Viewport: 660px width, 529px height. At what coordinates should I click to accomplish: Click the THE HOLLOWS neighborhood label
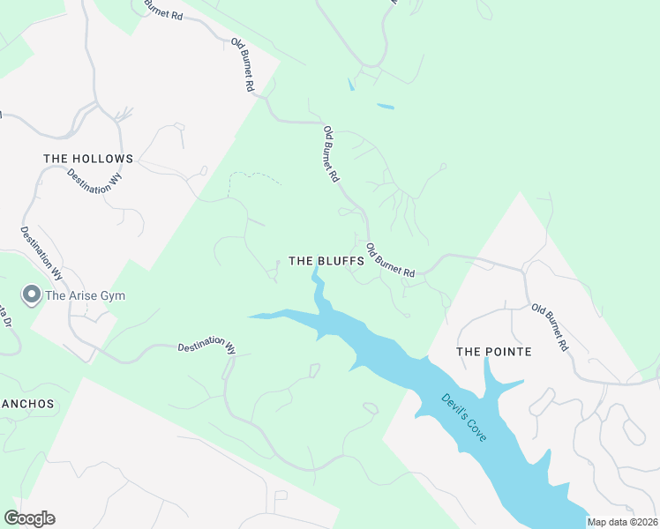coord(88,160)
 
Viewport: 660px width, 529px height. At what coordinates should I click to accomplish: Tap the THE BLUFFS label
coord(326,262)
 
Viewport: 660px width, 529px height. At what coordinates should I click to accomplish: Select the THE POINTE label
coord(493,352)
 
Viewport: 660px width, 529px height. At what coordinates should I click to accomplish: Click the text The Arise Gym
coord(85,295)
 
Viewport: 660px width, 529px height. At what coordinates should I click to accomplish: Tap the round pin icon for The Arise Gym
coord(32,294)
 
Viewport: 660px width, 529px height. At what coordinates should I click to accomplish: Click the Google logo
coord(29,518)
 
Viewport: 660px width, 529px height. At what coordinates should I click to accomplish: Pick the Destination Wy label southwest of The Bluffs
coord(206,347)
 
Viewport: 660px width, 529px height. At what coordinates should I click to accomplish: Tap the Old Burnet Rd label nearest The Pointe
coord(550,328)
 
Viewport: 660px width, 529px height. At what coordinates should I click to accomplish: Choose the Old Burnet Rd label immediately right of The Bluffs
coord(390,261)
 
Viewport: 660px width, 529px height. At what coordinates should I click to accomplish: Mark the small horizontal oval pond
coord(386,107)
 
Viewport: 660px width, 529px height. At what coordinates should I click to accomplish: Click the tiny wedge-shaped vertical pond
coord(351,86)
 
